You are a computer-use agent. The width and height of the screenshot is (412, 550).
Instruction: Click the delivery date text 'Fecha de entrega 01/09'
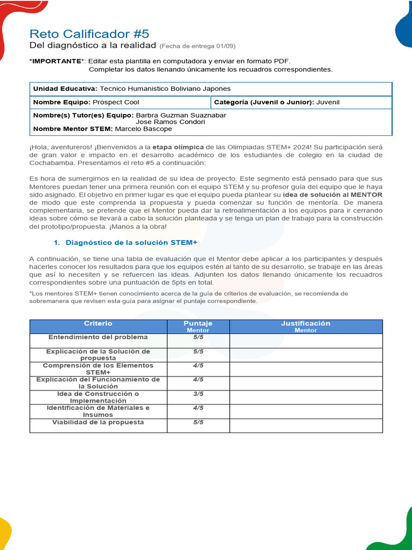tap(197, 46)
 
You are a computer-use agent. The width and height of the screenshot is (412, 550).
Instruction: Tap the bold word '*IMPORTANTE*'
tap(57, 61)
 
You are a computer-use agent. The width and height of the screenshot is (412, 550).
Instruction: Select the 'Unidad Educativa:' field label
tap(65, 89)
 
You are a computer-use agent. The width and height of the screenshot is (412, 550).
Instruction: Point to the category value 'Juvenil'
tap(328, 102)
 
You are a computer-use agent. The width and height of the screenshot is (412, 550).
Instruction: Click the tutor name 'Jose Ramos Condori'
tap(171, 122)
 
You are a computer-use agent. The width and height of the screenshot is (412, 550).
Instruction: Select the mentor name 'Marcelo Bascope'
tap(143, 129)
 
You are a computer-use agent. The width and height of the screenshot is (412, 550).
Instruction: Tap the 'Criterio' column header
tap(98, 323)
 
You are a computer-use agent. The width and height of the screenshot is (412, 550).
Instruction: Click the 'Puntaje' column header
tap(198, 323)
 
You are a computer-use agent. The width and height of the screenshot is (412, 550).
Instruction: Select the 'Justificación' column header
tap(306, 323)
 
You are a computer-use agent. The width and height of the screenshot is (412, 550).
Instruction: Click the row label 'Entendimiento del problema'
tap(98, 337)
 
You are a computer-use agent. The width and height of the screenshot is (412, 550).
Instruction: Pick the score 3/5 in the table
tap(198, 394)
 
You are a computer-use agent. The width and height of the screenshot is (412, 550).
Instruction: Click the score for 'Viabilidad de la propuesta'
tap(198, 422)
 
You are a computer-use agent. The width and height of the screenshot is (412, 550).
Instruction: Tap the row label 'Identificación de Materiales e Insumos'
tap(98, 411)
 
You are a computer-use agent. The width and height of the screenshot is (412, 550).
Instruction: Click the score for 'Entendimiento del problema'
tap(198, 337)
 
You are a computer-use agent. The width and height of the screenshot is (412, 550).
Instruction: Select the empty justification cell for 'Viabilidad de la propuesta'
tap(306, 425)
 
